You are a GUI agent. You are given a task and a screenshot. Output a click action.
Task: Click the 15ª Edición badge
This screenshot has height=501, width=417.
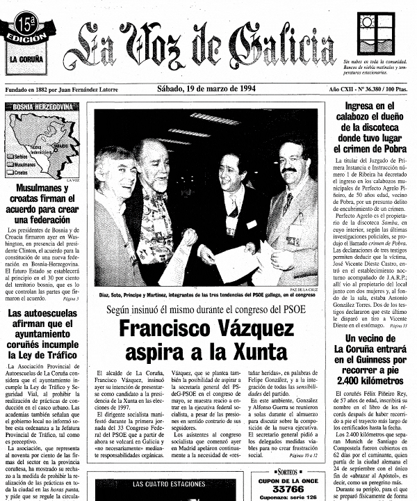(x=26, y=27)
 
